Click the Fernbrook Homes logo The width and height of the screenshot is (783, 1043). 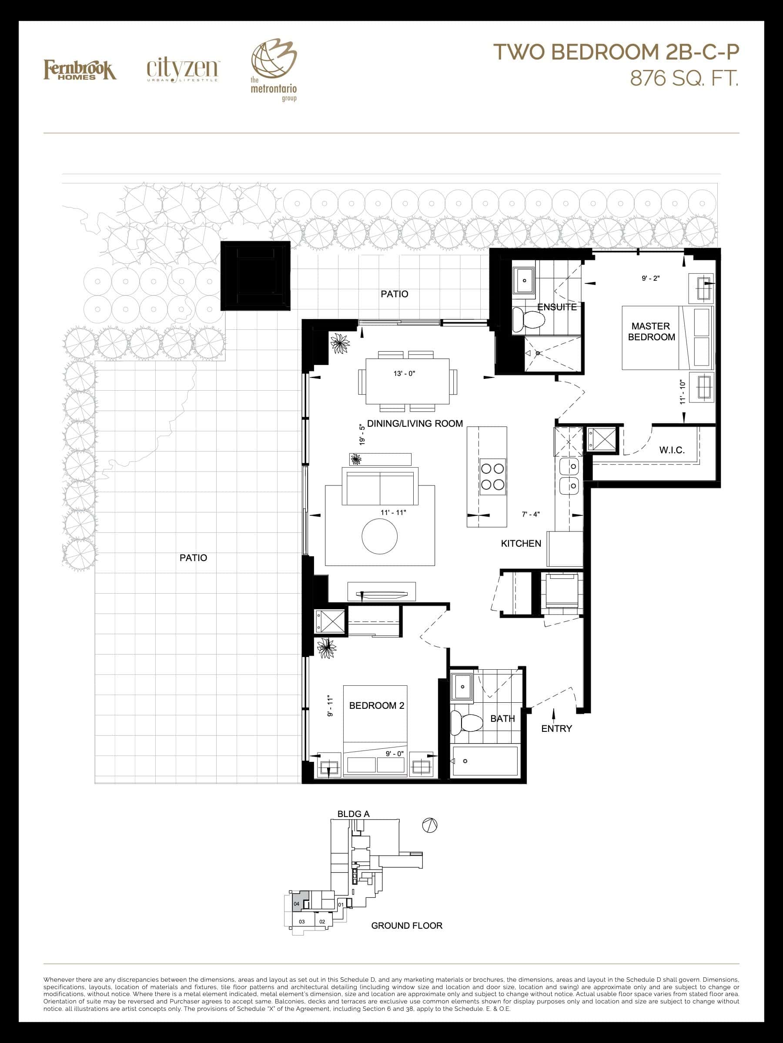[x=80, y=70]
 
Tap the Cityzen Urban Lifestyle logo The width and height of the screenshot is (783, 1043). [x=182, y=70]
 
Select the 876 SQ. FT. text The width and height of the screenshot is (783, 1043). [x=684, y=78]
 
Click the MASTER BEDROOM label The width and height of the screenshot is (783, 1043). [x=651, y=332]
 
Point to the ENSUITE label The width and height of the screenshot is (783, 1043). [x=557, y=307]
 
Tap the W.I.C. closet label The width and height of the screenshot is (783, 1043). [x=672, y=450]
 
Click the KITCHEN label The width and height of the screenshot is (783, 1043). [x=521, y=543]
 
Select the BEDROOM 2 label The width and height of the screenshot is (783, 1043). [x=377, y=705]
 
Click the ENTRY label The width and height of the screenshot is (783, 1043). [x=556, y=728]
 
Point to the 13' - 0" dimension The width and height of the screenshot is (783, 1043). [x=404, y=373]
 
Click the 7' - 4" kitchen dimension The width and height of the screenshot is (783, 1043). [x=531, y=514]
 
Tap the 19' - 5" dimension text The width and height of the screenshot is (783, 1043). [x=362, y=434]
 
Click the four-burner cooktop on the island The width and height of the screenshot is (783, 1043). [x=492, y=477]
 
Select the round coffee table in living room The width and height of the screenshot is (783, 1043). [x=379, y=536]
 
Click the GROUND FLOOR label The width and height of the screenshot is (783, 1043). [x=407, y=926]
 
